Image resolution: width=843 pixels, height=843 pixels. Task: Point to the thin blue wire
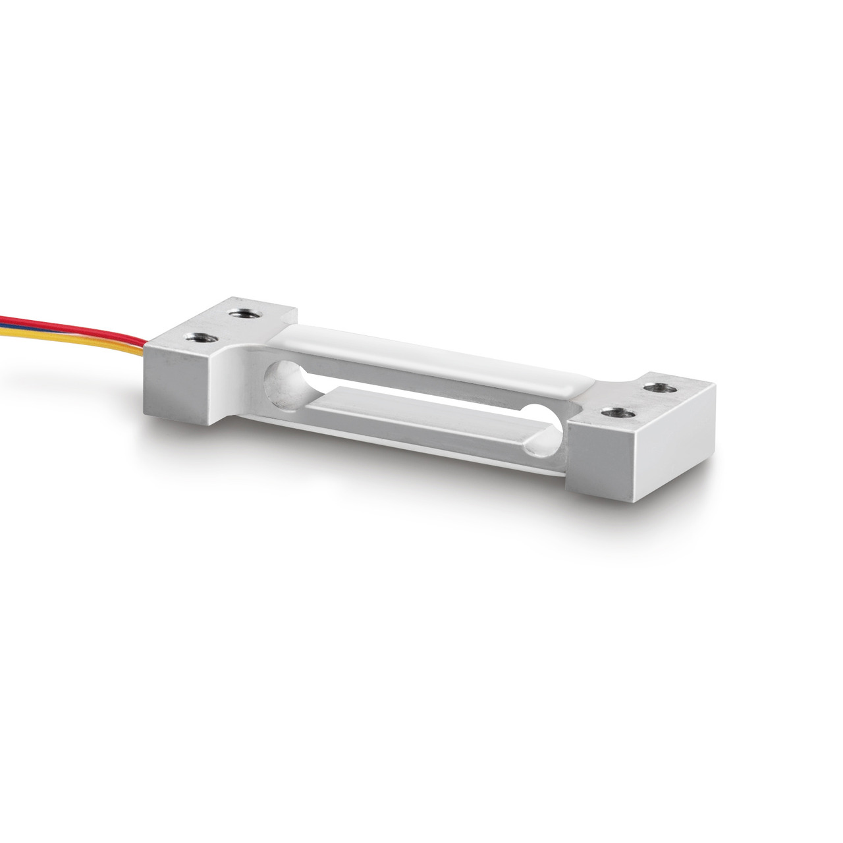(40, 325)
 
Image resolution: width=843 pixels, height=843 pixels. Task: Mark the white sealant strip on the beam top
(428, 358)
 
